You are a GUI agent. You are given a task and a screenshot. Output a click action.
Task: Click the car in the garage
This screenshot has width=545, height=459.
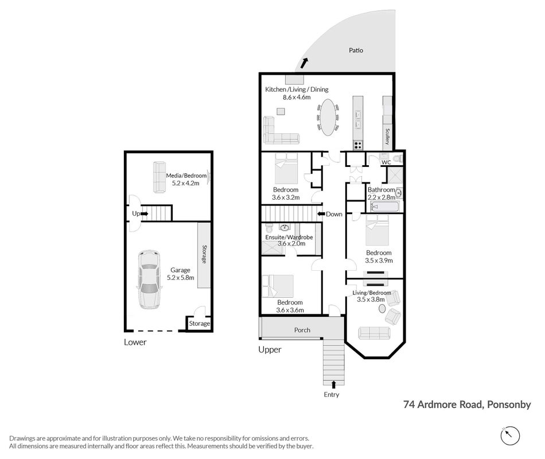[x=150, y=279]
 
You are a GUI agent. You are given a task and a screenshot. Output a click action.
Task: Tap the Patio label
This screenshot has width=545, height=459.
[x=356, y=50]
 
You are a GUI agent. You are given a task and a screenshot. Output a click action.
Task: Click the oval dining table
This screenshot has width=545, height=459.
[x=328, y=117]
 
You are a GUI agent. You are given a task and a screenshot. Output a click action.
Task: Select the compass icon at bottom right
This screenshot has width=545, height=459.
[x=510, y=435]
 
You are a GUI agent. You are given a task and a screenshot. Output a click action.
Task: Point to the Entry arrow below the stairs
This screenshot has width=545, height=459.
[x=334, y=384]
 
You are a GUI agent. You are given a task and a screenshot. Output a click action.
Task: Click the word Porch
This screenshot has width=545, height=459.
[x=302, y=330]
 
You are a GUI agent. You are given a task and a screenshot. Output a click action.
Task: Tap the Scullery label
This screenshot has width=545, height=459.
[x=388, y=137]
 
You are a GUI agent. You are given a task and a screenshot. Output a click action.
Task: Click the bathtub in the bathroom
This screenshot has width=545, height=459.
[x=385, y=207]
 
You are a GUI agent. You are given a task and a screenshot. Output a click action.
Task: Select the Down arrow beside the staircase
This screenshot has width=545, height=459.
[x=321, y=214]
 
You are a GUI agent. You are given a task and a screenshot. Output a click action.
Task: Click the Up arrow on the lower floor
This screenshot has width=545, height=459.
[x=144, y=213]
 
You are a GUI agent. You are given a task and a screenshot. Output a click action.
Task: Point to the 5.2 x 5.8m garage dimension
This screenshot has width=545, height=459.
[x=180, y=278]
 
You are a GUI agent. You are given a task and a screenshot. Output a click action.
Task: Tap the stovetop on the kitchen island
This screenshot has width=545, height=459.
[x=358, y=145]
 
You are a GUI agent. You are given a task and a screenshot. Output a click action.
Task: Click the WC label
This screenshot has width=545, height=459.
[x=386, y=162]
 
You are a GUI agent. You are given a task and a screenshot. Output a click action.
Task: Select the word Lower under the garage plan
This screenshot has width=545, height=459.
[x=135, y=342]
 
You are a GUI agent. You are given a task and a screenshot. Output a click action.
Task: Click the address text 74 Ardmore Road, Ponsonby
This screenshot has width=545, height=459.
[x=467, y=404]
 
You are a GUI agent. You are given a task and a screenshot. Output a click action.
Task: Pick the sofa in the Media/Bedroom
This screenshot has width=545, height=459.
[x=159, y=177]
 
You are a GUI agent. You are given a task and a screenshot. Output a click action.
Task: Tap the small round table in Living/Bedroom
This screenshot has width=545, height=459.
[x=381, y=309]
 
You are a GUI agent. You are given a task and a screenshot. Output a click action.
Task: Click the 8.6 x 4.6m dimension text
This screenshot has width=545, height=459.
[x=297, y=98]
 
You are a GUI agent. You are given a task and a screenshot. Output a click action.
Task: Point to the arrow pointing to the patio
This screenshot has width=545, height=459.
[x=304, y=63]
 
